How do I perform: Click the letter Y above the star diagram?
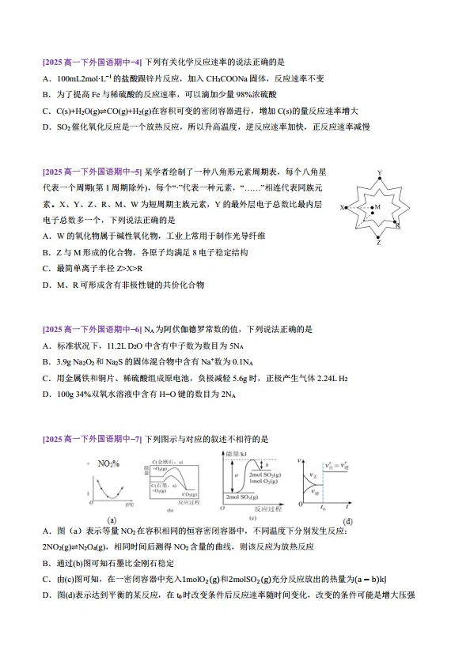[x=380, y=172]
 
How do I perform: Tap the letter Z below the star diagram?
[x=379, y=243]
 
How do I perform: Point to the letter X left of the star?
[x=342, y=208]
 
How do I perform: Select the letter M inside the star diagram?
[x=377, y=206]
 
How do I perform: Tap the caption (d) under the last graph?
[x=347, y=520]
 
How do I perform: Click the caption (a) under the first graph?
[x=112, y=520]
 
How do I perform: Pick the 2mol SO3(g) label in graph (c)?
[x=242, y=505]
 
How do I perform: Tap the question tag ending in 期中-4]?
[x=92, y=61]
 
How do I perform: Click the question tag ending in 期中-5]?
[x=92, y=171]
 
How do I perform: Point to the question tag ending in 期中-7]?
[x=92, y=438]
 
